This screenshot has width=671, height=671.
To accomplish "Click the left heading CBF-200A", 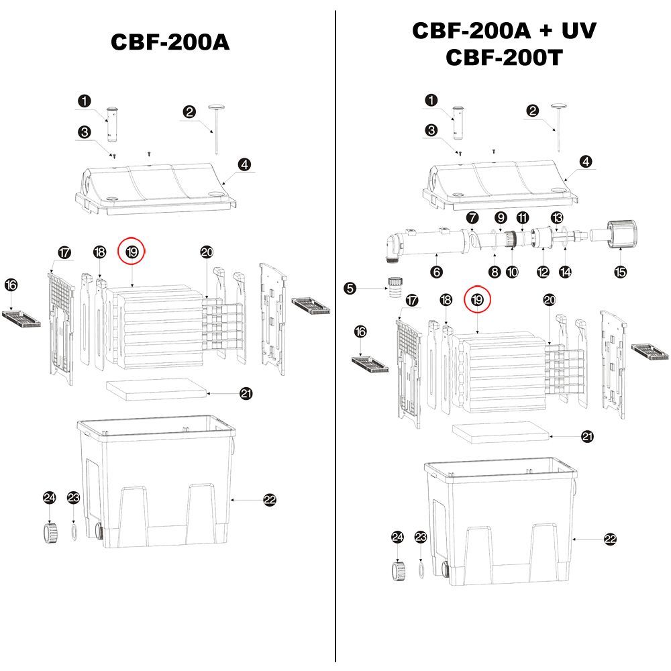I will point(170,42).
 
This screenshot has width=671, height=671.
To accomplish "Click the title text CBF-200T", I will point(503,58).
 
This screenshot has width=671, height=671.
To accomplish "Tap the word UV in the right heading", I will point(576,31).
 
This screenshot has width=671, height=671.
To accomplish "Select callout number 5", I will point(350,289).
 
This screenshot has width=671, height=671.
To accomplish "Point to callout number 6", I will point(437,272).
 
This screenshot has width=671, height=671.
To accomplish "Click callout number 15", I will point(621,272).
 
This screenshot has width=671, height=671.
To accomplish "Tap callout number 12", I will point(543,272).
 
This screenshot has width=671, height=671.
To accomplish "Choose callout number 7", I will point(472,217).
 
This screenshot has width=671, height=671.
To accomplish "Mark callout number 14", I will point(566,272).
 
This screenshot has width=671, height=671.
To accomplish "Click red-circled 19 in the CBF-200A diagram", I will point(132,252).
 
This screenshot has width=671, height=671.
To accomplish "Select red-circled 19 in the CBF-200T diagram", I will point(477,300).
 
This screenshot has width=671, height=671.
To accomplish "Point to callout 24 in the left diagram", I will point(50,497).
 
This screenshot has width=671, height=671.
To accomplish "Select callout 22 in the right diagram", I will point(610,538).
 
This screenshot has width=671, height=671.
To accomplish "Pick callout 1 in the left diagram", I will point(84,101).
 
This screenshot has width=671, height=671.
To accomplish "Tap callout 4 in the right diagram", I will point(586,161).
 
